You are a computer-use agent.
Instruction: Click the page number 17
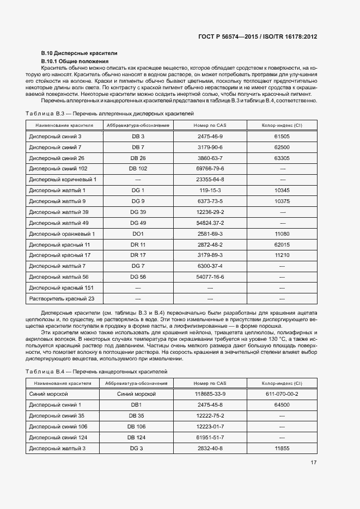coord(314,463)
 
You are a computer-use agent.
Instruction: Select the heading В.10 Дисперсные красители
coord(80,53)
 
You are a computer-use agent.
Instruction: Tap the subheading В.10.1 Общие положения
coord(75,61)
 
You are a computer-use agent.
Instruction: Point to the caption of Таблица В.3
coord(109,113)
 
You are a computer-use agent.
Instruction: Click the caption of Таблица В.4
coord(96,371)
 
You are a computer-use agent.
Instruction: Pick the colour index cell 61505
coord(282,136)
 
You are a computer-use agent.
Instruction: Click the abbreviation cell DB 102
coord(138,169)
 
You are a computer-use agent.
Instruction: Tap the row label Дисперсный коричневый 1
coord(63,179)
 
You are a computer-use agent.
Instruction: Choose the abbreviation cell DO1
coord(138,234)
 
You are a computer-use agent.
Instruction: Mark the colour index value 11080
coord(282,234)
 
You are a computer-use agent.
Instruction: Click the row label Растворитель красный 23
coord(62,299)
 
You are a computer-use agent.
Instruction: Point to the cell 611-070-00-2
coord(282,394)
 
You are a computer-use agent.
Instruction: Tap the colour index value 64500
coord(282,404)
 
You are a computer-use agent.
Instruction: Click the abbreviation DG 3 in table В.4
coord(136,448)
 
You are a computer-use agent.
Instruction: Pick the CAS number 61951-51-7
coord(210,437)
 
